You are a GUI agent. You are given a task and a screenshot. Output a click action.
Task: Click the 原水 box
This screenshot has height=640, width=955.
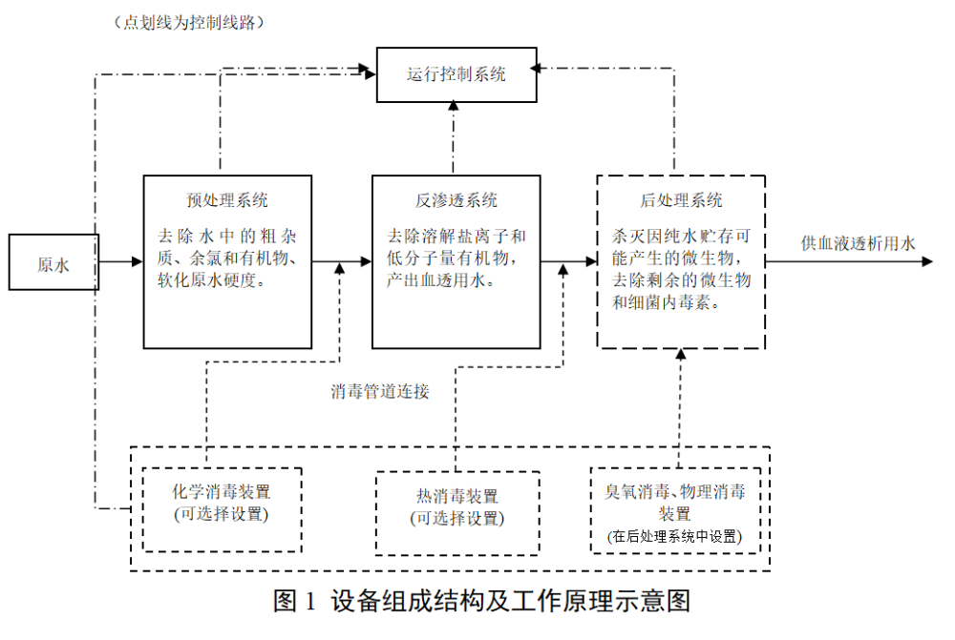coord(53,262)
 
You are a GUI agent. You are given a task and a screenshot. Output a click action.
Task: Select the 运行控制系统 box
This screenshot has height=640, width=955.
coord(456,74)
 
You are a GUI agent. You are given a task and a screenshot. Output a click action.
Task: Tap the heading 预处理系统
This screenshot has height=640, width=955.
coord(227,200)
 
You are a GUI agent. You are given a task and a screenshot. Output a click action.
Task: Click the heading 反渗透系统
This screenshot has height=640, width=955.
coord(456,200)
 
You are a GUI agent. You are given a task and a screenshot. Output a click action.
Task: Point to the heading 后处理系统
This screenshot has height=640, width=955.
coord(681,200)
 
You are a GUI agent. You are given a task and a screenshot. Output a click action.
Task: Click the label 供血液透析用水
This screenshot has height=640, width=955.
coord(858,243)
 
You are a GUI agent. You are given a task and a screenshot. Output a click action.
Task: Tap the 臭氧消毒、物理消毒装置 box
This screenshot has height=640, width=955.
coord(675,509)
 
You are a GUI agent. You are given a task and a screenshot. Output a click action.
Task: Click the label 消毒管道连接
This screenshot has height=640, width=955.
coord(380,391)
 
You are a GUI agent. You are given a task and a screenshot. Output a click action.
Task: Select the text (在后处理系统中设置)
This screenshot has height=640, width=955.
coord(674,537)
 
